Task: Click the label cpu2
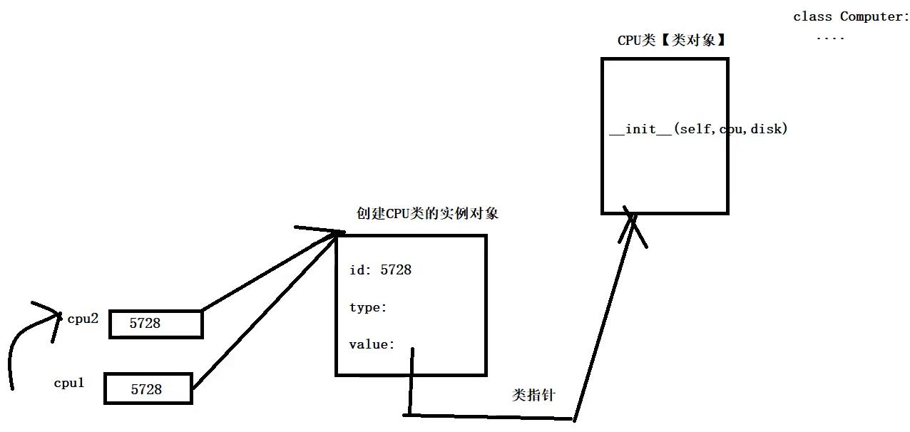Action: click(83, 319)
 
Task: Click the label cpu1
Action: click(69, 383)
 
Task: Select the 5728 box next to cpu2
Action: click(155, 324)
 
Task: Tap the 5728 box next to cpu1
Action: click(148, 389)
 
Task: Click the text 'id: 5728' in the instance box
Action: click(380, 270)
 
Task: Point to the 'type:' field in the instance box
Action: click(368, 307)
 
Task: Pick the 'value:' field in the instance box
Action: click(372, 345)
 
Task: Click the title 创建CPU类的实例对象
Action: click(427, 213)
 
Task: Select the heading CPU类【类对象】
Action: click(671, 41)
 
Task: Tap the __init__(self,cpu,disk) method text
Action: click(698, 129)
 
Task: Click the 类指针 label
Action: click(533, 395)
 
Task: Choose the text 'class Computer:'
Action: click(851, 16)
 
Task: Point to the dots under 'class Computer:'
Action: click(830, 38)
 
